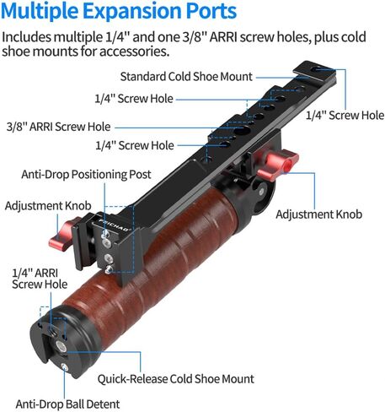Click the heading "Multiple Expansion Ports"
pos(119,11)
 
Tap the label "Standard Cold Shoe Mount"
pos(186,77)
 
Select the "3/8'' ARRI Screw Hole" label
pos(58,127)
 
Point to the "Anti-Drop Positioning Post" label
pos(86,175)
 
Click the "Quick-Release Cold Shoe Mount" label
pos(176,379)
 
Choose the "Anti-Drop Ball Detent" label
pos(67,404)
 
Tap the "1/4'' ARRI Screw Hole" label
pos(40,279)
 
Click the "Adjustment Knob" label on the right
pos(318,214)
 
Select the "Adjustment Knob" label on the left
pos(48,206)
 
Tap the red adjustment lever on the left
pos(61,235)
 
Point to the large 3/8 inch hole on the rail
pos(242,130)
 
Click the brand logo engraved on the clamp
pos(115,225)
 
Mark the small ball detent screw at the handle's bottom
pos(64,367)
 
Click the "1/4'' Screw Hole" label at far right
pos(345,116)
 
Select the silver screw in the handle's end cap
pos(61,346)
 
